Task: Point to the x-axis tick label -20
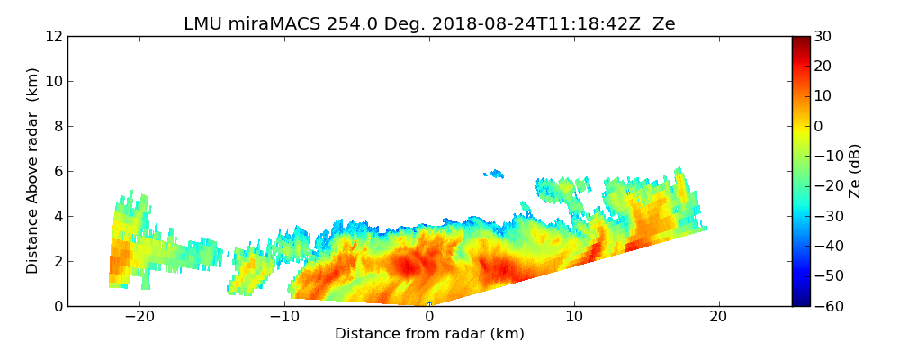[139, 318]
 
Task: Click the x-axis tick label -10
[284, 318]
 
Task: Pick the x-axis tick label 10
[574, 318]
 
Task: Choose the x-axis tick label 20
[719, 318]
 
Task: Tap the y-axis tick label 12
[53, 37]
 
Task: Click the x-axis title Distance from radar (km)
[429, 334]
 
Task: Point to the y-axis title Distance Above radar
[33, 171]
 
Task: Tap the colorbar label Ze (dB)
[855, 171]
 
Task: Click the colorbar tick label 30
[822, 37]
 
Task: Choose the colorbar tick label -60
[825, 306]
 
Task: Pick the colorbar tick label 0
[818, 127]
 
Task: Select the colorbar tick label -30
[825, 217]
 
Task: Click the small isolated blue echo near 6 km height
[494, 174]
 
